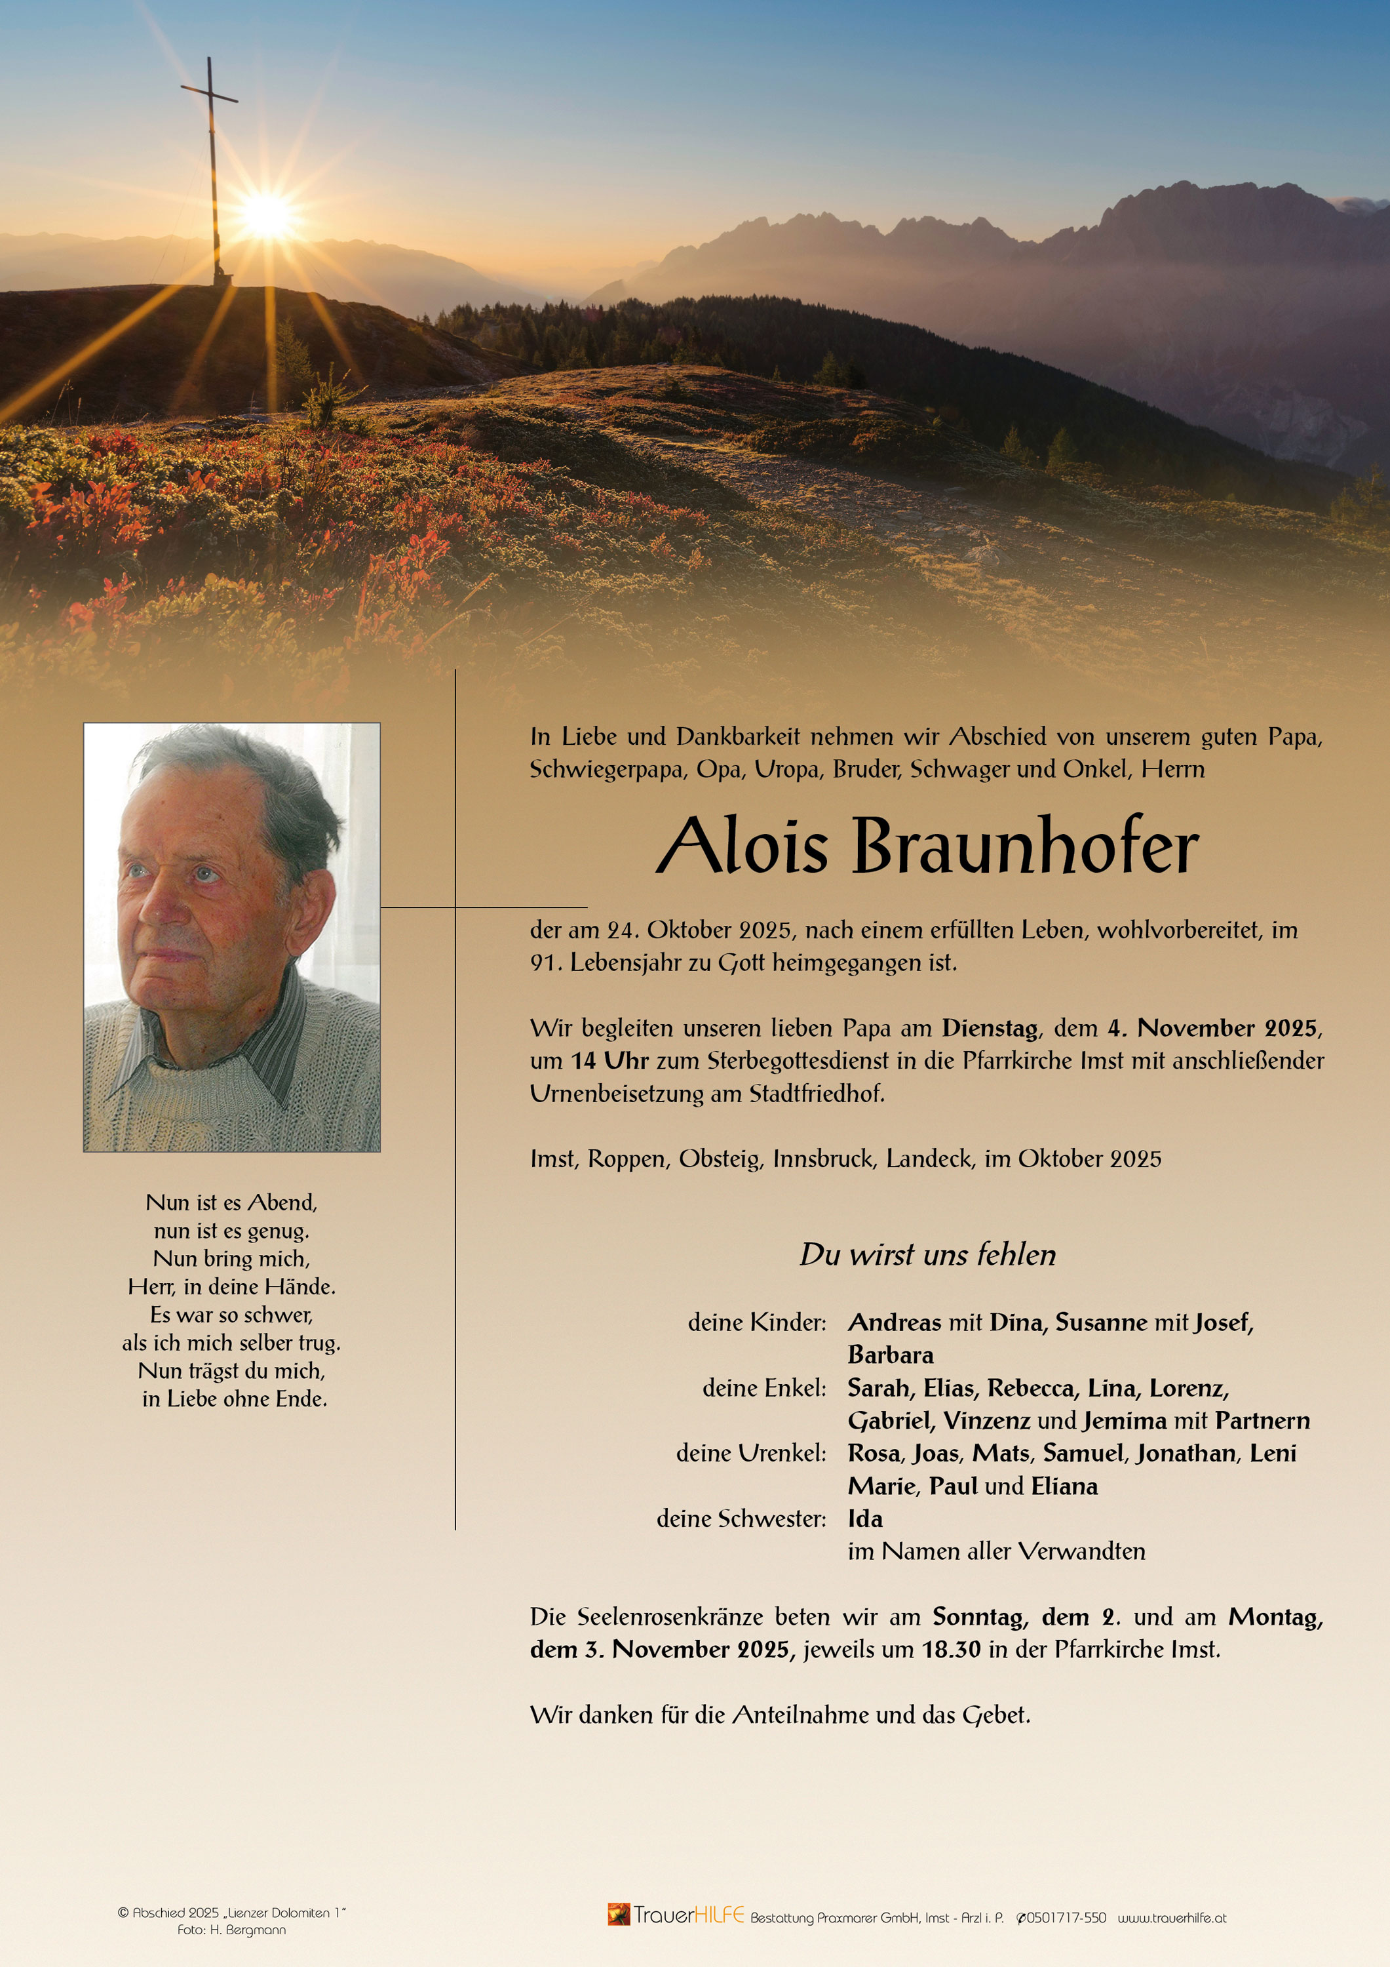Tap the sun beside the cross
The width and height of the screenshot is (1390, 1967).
266,214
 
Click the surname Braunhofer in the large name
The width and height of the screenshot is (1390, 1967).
1024,847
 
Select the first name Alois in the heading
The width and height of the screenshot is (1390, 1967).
743,847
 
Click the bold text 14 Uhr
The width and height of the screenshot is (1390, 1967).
609,1061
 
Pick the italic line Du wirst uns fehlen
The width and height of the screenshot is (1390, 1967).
927,1255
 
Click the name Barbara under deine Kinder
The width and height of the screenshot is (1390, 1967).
891,1355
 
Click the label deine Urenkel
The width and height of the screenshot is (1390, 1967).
751,1453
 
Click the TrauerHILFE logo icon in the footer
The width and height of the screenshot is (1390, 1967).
619,1914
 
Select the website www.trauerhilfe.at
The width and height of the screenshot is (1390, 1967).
1172,1918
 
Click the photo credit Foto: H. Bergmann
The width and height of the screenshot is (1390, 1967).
231,1930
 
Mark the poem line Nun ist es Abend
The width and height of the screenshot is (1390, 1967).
231,1202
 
